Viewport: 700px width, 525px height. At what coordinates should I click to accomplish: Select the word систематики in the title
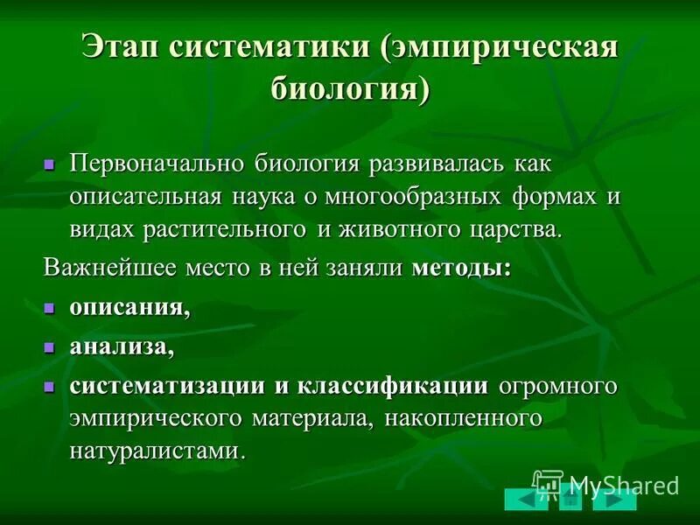(268, 46)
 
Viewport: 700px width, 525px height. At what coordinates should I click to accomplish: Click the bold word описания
(129, 308)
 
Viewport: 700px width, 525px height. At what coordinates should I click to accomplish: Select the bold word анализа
(121, 346)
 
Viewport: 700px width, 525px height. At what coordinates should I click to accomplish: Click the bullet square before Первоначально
(50, 164)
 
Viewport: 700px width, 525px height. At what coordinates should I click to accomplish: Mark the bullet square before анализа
(50, 346)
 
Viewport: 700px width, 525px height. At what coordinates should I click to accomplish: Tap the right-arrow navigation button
(615, 500)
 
